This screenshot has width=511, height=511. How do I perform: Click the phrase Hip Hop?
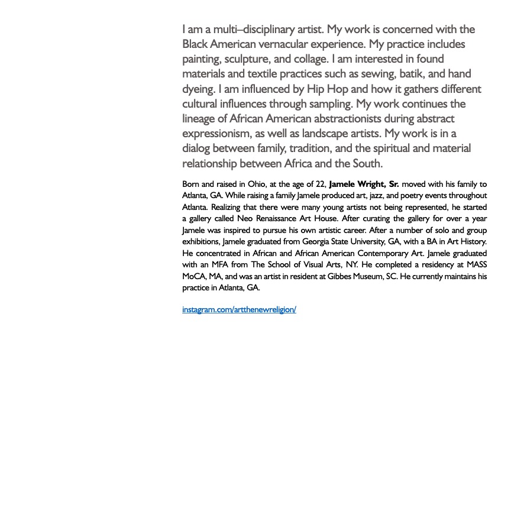pyautogui.click(x=327, y=89)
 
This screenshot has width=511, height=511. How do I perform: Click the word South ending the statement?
pyautogui.click(x=367, y=163)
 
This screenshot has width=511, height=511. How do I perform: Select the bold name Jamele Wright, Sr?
pyautogui.click(x=364, y=184)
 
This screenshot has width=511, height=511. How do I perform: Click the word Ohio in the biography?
pyautogui.click(x=257, y=184)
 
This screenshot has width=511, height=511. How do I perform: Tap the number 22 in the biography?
pyautogui.click(x=320, y=184)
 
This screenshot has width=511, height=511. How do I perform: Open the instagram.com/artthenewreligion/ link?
pyautogui.click(x=239, y=310)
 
